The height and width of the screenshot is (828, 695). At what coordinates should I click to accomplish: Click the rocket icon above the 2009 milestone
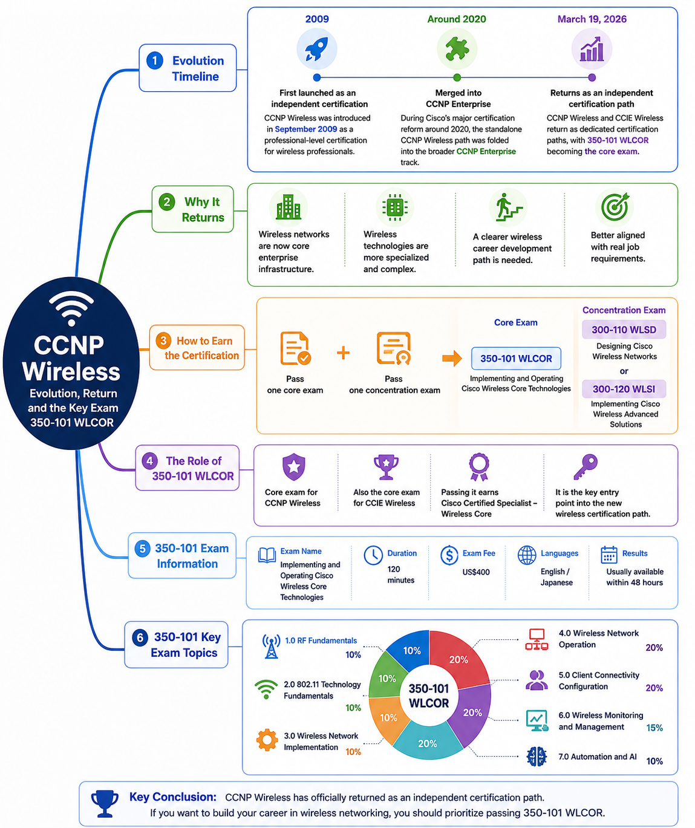click(316, 49)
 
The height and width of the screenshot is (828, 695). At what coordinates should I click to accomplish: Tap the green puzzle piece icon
click(457, 49)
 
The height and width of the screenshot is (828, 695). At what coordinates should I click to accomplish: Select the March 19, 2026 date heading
click(592, 19)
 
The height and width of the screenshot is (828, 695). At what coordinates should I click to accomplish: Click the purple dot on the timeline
click(592, 78)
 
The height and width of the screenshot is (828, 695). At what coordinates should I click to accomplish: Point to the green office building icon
click(288, 207)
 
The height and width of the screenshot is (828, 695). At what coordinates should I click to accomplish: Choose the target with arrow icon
click(615, 207)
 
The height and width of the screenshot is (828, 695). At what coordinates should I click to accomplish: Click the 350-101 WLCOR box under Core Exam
click(516, 359)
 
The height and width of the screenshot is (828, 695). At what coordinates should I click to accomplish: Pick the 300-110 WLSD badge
click(624, 330)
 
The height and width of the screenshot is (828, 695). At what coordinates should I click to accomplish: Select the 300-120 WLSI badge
click(624, 389)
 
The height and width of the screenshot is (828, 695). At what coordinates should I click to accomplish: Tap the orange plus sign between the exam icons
click(343, 353)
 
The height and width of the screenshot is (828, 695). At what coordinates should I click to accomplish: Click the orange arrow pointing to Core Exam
click(452, 359)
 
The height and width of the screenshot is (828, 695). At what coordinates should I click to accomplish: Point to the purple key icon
click(586, 467)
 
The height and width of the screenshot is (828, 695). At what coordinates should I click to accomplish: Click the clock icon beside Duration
click(373, 556)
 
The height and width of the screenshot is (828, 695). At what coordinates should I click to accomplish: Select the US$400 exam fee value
click(476, 572)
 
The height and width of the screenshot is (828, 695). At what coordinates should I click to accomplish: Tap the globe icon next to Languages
click(527, 555)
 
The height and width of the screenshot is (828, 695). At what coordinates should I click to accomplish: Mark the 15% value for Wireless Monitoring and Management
click(654, 728)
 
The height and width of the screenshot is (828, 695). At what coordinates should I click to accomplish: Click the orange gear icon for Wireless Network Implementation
click(267, 740)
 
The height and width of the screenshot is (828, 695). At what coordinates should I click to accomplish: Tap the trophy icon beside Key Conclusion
click(105, 803)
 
